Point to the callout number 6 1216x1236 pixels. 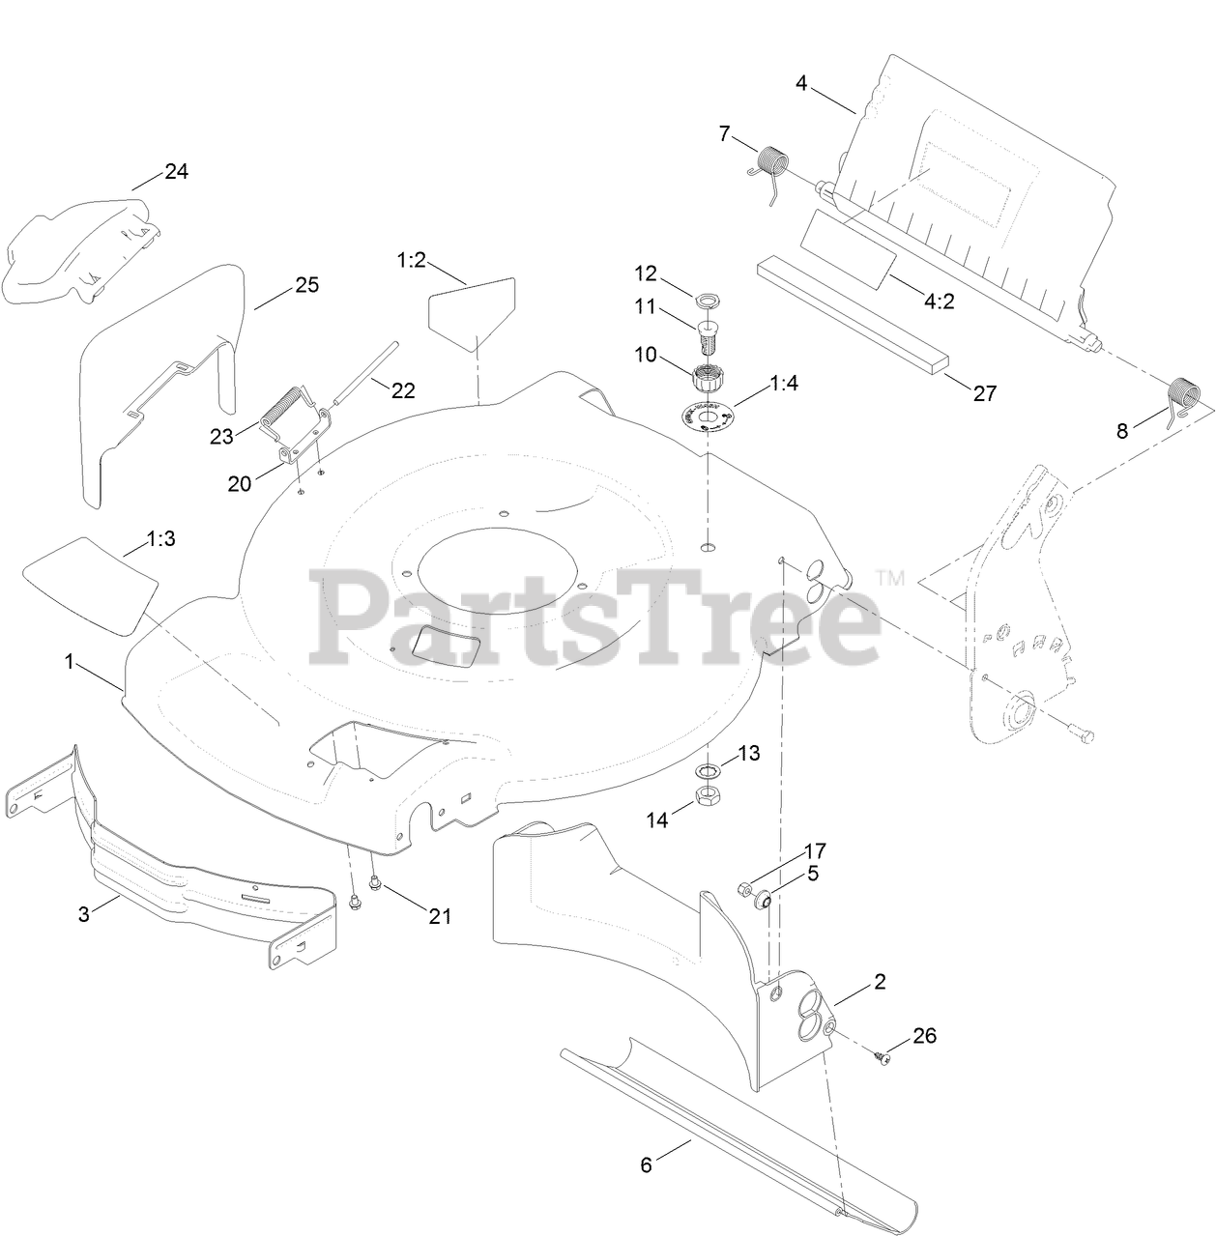tap(647, 1164)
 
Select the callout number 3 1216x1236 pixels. tap(84, 913)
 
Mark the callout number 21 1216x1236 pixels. tap(440, 916)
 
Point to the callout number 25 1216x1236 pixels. tap(307, 285)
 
